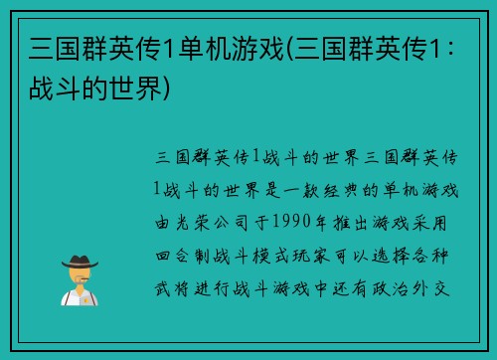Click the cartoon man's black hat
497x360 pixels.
coord(80,260)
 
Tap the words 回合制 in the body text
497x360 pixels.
coord(184,239)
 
